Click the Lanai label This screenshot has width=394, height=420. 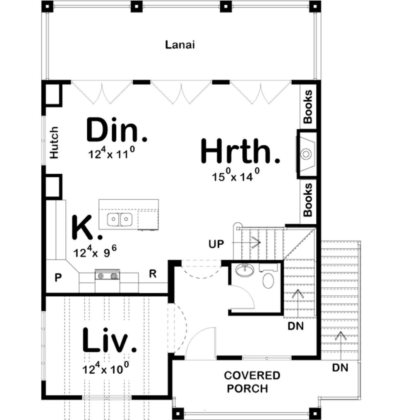[x=180, y=45]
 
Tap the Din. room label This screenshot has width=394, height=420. [x=117, y=130]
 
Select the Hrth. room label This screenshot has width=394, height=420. [x=240, y=151]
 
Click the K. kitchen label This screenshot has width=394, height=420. [x=87, y=227]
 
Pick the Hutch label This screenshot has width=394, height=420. [x=54, y=142]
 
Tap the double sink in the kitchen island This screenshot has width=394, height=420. [x=120, y=219]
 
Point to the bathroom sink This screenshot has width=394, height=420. [x=245, y=270]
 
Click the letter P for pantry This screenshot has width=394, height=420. [x=58, y=278]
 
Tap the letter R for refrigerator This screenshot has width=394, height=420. [x=153, y=274]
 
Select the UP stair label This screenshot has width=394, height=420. [x=216, y=244]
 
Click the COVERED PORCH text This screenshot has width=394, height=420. [x=252, y=382]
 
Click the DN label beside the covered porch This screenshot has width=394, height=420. [x=340, y=368]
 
